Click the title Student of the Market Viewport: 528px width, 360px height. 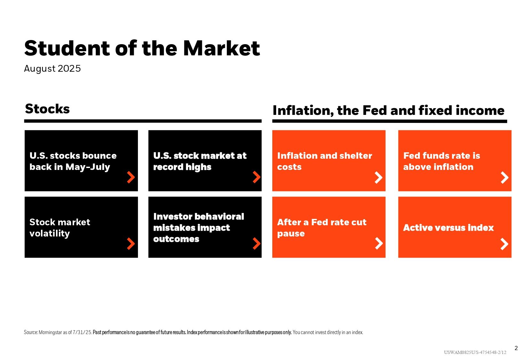click(x=142, y=48)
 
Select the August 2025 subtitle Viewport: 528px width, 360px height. click(x=52, y=68)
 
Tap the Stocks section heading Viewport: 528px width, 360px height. click(x=47, y=109)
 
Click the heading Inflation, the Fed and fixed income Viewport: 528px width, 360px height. click(x=388, y=110)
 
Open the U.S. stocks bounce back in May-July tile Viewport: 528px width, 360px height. click(x=81, y=161)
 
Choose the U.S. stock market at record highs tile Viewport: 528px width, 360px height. click(x=205, y=161)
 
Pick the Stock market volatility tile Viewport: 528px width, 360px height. click(x=81, y=227)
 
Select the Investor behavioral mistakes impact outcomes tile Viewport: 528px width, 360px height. click(x=205, y=227)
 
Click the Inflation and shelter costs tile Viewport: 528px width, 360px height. click(x=329, y=161)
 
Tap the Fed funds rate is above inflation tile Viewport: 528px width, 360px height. click(x=455, y=161)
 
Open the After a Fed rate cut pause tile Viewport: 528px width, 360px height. click(x=329, y=227)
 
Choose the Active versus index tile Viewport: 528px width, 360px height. click(x=455, y=227)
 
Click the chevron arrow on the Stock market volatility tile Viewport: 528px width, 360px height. click(x=131, y=244)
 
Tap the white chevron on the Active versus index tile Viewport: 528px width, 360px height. click(x=504, y=244)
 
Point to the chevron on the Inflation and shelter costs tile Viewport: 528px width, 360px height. click(x=379, y=178)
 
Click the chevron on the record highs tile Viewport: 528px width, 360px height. click(x=256, y=177)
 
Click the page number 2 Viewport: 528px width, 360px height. click(x=516, y=348)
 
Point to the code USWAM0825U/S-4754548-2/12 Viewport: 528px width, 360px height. click(x=475, y=352)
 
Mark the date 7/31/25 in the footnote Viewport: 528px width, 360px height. click(x=82, y=332)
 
